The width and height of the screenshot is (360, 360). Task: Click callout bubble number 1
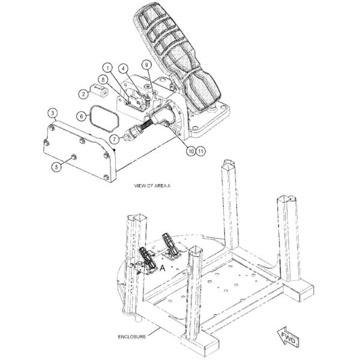tap(108, 68)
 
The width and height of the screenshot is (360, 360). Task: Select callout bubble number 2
tap(83, 94)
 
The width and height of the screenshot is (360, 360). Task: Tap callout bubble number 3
tap(53, 113)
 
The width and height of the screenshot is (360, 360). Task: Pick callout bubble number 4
tap(124, 68)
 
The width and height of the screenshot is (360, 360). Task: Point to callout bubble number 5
tap(56, 166)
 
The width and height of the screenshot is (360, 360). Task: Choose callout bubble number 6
tap(81, 116)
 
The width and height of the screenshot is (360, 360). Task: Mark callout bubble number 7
tap(114, 139)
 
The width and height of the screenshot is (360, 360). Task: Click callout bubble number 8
tap(103, 80)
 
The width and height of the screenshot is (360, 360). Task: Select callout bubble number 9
tap(147, 65)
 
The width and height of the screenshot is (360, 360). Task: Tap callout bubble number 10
tap(191, 151)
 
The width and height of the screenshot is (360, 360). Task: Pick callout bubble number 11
tap(200, 151)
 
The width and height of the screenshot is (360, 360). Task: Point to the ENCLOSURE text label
tap(132, 337)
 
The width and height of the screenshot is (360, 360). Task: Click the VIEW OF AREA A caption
tap(152, 186)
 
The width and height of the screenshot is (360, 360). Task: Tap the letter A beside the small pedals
tap(163, 268)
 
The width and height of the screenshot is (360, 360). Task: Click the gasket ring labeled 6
tap(104, 118)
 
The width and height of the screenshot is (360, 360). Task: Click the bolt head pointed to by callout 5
tap(74, 157)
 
